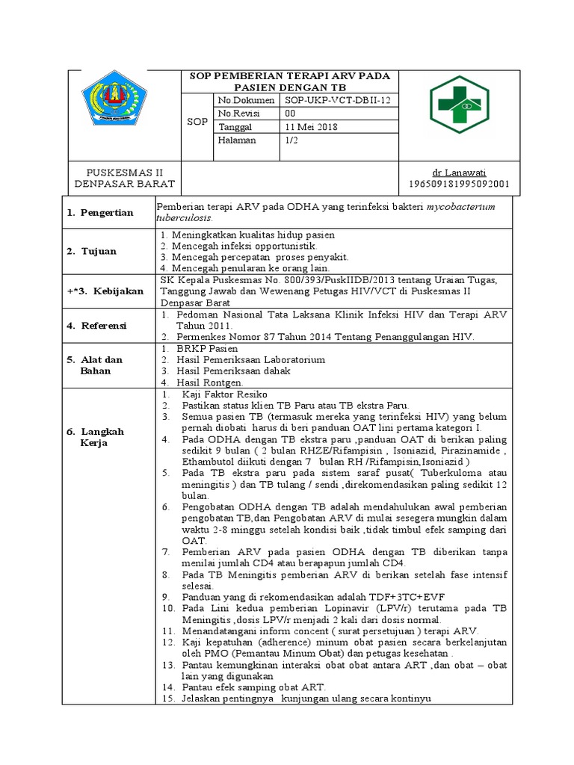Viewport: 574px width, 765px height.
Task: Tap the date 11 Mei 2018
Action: [311, 126]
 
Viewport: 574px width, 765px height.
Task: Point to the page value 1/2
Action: [291, 140]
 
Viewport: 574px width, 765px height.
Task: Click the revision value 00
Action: [291, 113]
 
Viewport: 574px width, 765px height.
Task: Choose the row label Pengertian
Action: [108, 212]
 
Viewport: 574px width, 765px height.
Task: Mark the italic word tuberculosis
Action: [184, 218]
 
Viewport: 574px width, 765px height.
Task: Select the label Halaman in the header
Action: [237, 140]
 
